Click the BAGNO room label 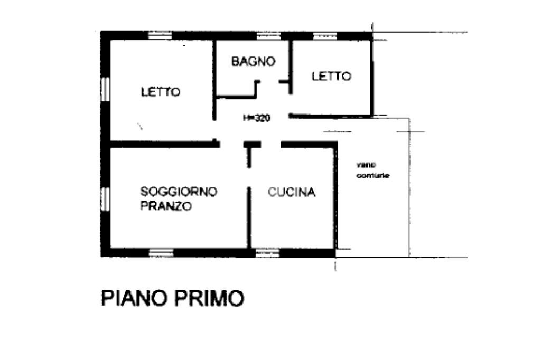(x=253, y=61)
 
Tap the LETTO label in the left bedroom (x=161, y=92)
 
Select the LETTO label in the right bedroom (x=331, y=76)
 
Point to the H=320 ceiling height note (x=256, y=118)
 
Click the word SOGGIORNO (x=179, y=191)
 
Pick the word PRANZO (x=166, y=206)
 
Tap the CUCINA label (x=292, y=193)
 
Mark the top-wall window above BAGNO (x=268, y=36)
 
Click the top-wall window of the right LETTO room (x=325, y=36)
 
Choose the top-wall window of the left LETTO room (x=160, y=36)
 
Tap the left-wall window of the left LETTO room (x=105, y=89)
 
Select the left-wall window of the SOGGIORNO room (x=105, y=198)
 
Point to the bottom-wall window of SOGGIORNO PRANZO (x=161, y=252)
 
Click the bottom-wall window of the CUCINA (x=268, y=252)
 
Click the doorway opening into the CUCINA (x=270, y=144)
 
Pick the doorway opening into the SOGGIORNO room (x=231, y=144)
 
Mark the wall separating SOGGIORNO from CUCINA (x=249, y=216)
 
